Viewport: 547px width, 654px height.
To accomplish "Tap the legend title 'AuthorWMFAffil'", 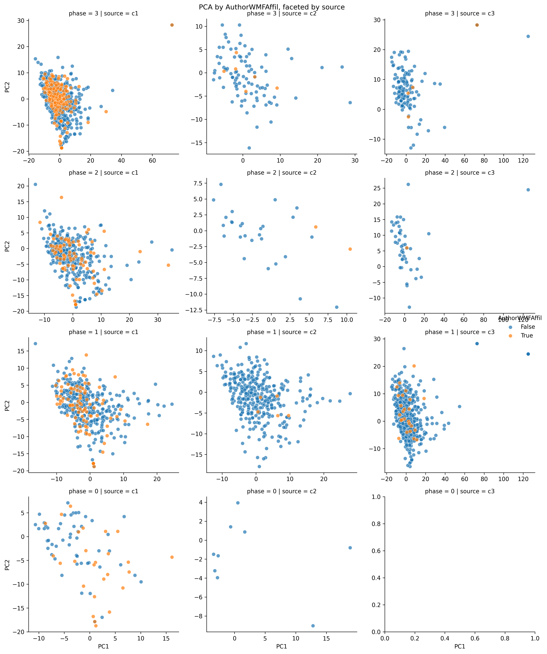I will tap(520, 318).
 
